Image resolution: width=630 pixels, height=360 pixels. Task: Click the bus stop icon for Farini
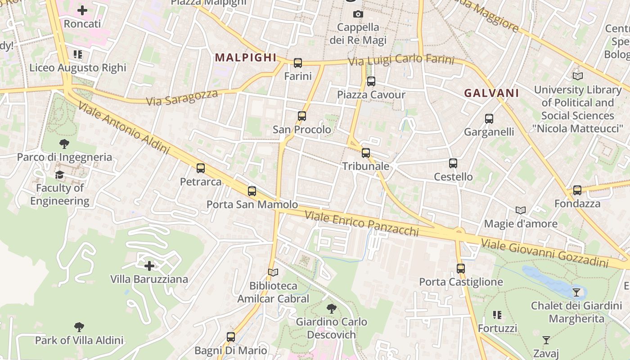point(297,63)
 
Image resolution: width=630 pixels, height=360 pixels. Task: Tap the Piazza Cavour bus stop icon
point(371,81)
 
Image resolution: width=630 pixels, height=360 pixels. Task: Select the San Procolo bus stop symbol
point(301,116)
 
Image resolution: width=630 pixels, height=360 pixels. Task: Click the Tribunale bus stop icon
point(366,153)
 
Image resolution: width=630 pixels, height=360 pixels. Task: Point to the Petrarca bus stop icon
point(201,168)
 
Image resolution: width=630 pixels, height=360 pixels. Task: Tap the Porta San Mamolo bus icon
point(252,191)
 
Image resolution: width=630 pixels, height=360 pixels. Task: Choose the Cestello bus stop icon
point(453,163)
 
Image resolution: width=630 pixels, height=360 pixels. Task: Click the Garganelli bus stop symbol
point(489,119)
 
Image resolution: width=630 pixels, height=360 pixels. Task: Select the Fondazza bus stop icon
point(577,190)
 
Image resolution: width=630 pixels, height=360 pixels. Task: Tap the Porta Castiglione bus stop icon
point(460,269)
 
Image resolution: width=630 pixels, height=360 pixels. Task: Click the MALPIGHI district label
point(246,58)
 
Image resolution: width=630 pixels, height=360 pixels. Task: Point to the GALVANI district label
point(491,93)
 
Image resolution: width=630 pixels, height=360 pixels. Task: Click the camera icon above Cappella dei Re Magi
point(358,14)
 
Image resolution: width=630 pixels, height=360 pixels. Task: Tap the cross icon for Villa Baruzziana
point(149,266)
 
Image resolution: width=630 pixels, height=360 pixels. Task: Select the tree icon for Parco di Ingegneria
point(64,144)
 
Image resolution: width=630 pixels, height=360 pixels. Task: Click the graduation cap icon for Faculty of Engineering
point(59,175)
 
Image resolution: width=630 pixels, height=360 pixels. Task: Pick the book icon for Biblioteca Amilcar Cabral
point(273,272)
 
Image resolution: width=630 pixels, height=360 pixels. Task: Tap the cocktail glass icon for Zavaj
point(546,340)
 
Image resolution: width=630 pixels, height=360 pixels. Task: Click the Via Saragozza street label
point(182,98)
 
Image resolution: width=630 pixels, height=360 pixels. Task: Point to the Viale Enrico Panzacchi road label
point(362,223)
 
